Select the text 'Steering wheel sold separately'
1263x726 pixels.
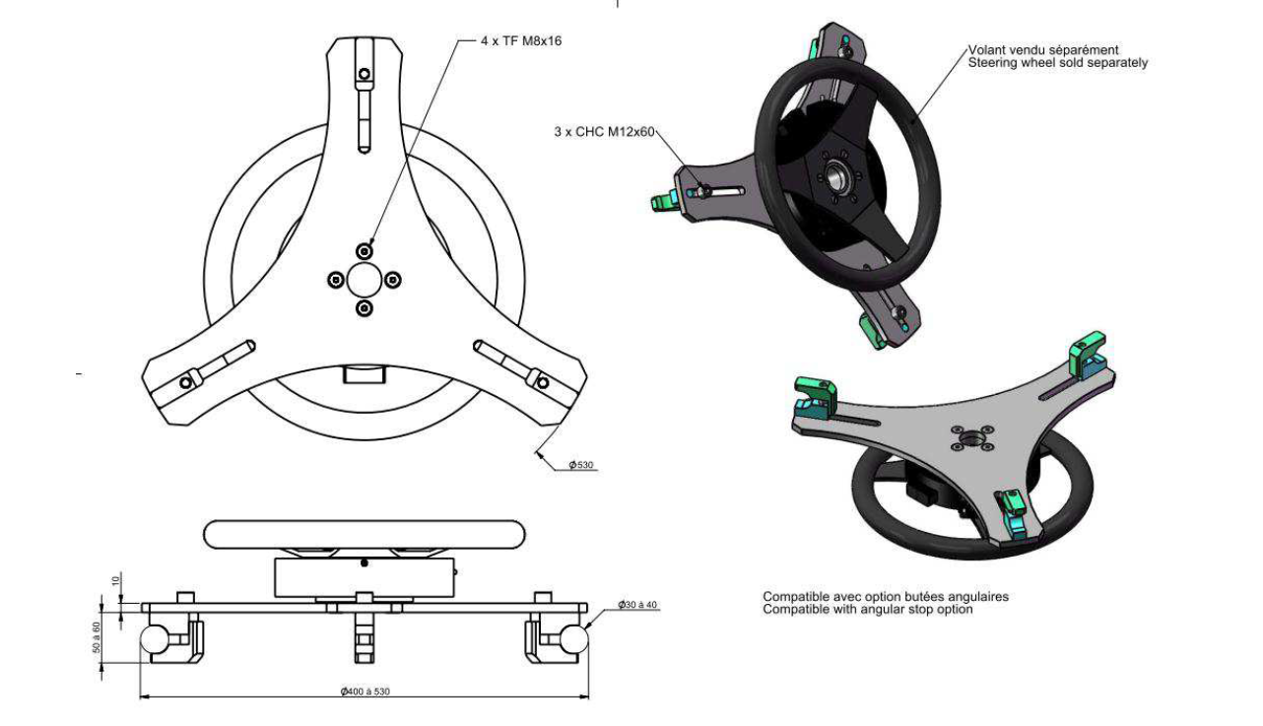pyautogui.click(x=1057, y=63)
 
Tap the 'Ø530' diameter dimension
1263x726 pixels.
pyautogui.click(x=581, y=465)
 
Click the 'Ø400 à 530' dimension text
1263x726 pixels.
pyautogui.click(x=365, y=692)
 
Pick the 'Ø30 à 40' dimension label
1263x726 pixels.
pyautogui.click(x=638, y=604)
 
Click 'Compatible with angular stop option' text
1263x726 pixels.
pyautogui.click(x=868, y=610)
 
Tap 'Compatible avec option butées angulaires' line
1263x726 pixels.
pyautogui.click(x=886, y=597)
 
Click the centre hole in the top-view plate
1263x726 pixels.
pyautogui.click(x=365, y=279)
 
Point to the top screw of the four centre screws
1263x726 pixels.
pyautogui.click(x=366, y=247)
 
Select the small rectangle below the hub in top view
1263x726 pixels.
pyautogui.click(x=364, y=374)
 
